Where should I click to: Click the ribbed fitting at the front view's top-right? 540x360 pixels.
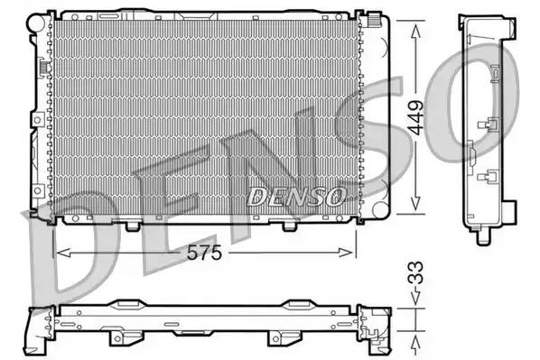pyautogui.click(x=371, y=19)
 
